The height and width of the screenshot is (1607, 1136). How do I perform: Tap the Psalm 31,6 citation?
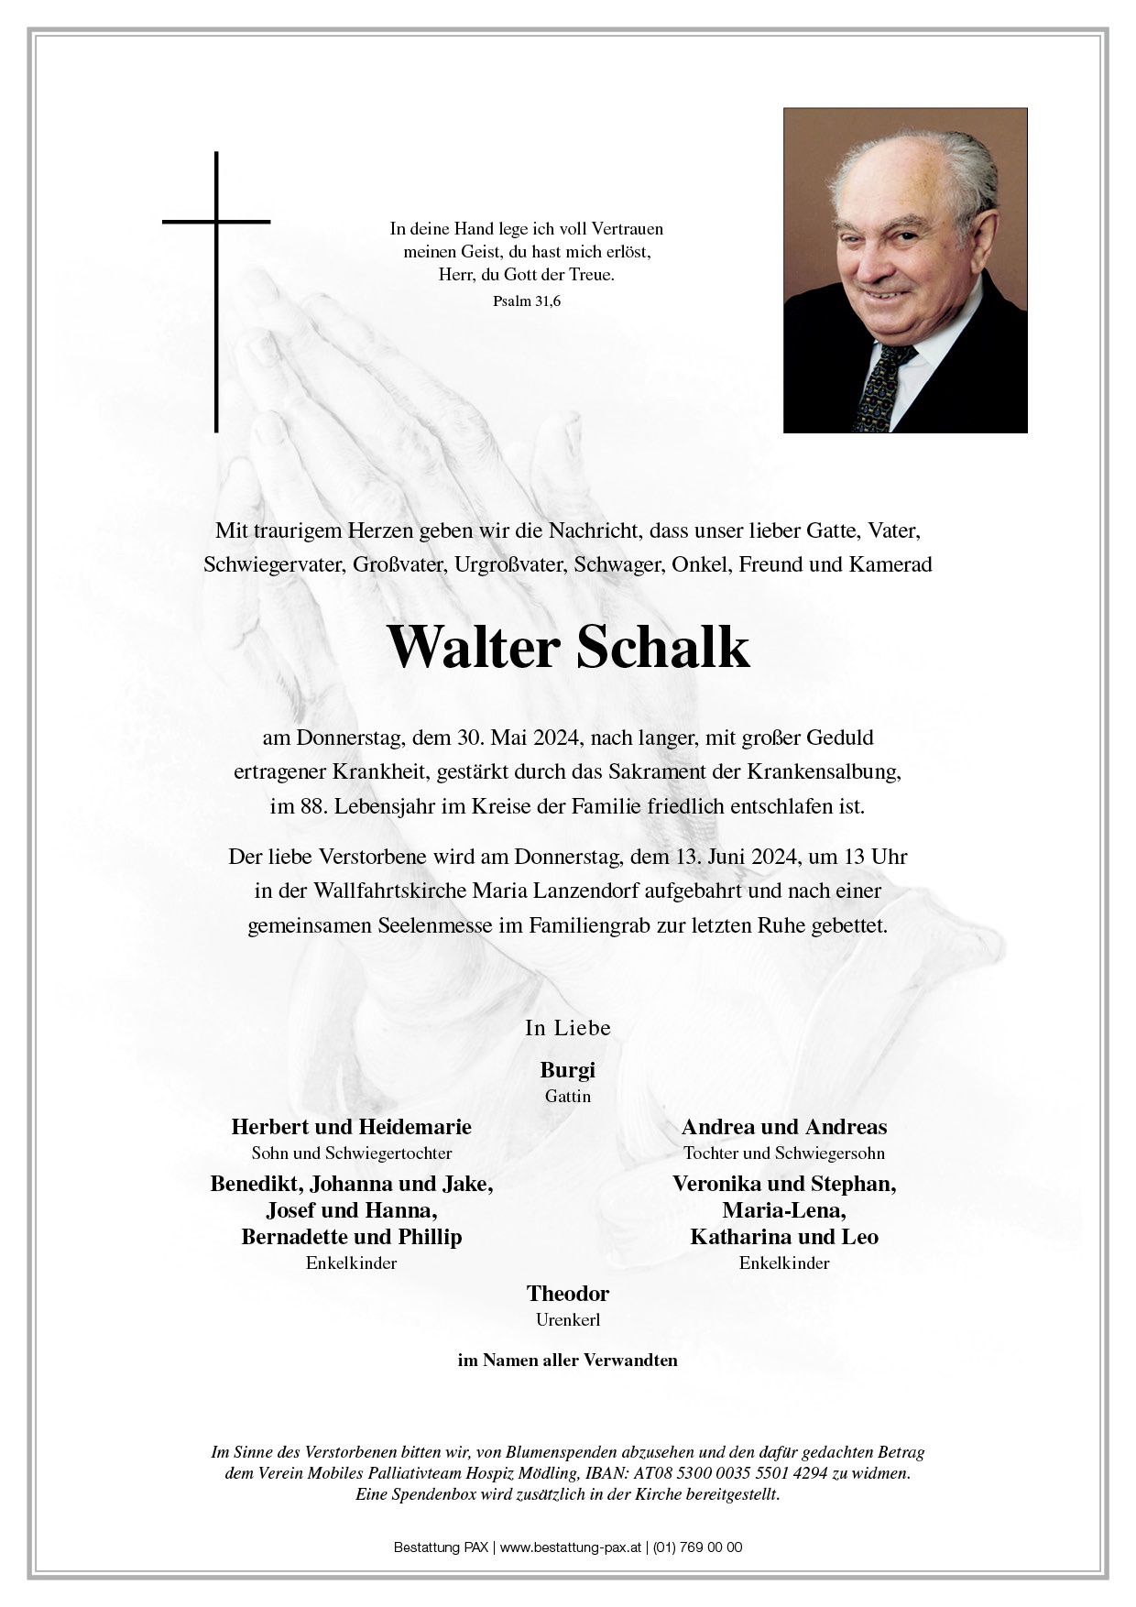tap(526, 300)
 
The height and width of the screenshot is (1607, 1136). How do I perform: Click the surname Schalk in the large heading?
tap(663, 648)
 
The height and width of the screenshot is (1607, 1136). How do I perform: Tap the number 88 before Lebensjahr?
tap(312, 807)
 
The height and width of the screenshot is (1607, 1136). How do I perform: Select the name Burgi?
tap(567, 1070)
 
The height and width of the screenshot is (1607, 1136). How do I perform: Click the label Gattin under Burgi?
tap(568, 1097)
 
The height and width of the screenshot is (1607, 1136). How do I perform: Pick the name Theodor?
tap(568, 1294)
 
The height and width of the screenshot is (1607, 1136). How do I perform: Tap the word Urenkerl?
tap(568, 1320)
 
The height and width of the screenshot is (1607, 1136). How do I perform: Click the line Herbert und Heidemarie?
tap(352, 1127)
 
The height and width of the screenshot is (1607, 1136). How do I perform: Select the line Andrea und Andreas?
tap(784, 1127)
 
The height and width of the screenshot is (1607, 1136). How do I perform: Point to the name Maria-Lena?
tap(784, 1210)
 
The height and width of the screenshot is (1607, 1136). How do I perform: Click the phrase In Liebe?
tap(568, 1028)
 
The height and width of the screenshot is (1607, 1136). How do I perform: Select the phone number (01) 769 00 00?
tap(698, 1547)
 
